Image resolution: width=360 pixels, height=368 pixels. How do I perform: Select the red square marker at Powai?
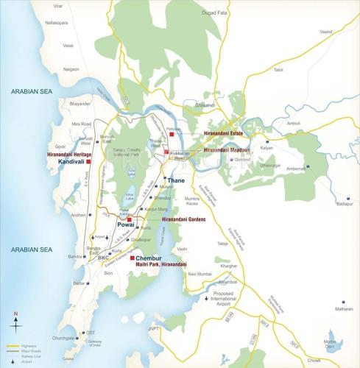(x=130, y=219)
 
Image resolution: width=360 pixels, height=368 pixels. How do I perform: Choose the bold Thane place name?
(x=176, y=180)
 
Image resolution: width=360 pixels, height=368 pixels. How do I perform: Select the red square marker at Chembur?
(x=132, y=258)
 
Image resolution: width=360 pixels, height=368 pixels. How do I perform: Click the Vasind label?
(x=326, y=32)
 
